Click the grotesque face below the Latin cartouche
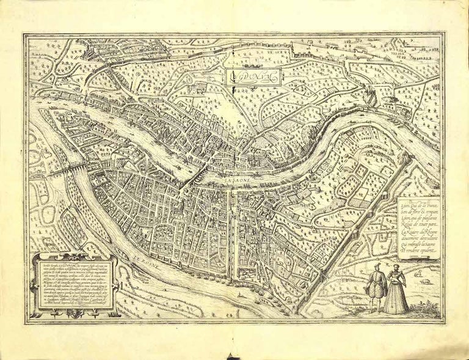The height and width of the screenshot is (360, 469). (75, 313)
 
